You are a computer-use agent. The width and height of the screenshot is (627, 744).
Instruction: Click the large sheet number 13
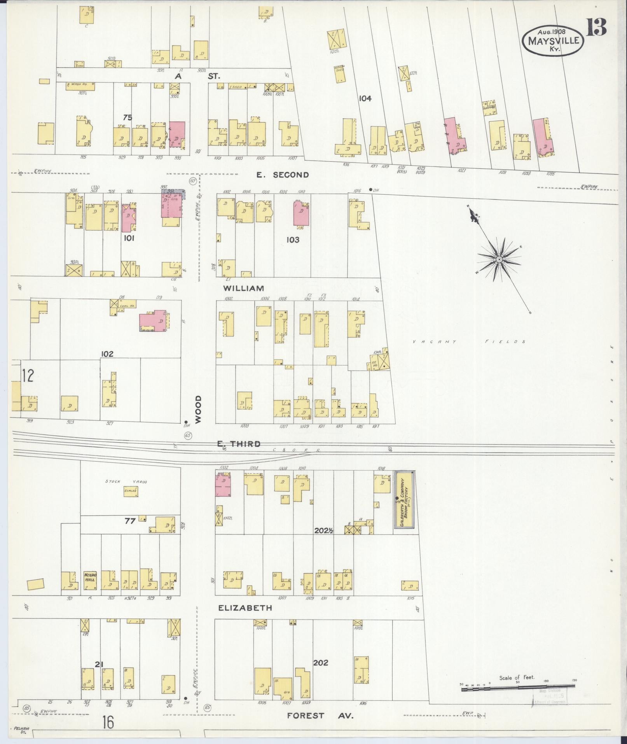[x=596, y=27]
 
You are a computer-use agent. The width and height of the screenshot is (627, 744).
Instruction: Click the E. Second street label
[x=283, y=175]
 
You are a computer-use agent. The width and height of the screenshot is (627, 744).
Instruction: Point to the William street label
[x=244, y=288]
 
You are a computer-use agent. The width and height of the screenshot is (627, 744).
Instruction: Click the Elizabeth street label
[x=245, y=619]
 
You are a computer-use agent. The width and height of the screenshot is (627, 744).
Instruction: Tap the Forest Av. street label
[x=320, y=715]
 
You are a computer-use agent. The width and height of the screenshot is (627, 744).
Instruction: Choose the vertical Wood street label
[x=199, y=410]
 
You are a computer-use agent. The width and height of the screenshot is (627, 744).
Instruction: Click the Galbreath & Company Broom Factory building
[x=404, y=499]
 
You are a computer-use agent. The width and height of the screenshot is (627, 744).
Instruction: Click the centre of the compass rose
[x=498, y=259]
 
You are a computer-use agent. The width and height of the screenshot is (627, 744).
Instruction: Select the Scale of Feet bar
[x=519, y=689]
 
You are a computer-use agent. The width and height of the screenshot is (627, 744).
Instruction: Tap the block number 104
[x=365, y=98]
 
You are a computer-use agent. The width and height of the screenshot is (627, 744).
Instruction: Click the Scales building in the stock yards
[x=130, y=491]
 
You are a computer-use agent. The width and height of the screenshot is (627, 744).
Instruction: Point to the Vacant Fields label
[x=468, y=342]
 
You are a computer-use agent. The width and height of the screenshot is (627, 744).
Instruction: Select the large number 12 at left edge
[x=28, y=376]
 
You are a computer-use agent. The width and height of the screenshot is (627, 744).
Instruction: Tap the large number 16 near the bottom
[x=108, y=723]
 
